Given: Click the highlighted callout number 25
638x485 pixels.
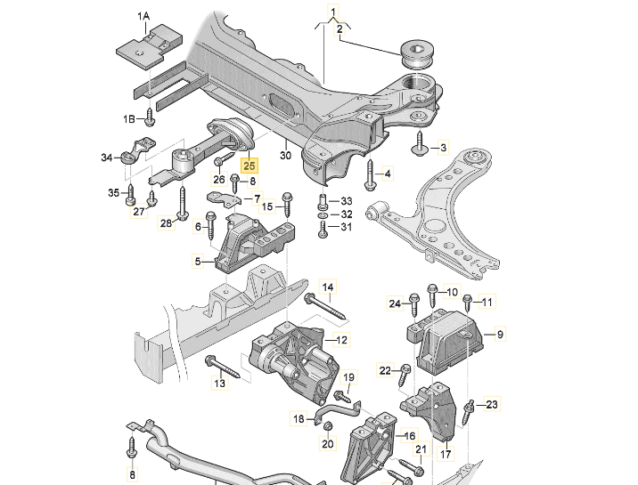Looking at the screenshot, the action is click(249, 166).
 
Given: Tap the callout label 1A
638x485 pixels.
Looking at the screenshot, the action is click(143, 16).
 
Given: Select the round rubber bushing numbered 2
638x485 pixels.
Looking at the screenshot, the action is click(418, 55).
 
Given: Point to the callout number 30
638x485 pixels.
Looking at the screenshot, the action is click(286, 155).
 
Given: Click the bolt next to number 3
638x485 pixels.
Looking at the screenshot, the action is click(419, 143).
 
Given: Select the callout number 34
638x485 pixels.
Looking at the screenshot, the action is click(107, 158).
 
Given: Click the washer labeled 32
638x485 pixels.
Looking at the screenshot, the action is click(323, 214).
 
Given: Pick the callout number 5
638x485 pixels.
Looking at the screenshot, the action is click(198, 261).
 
